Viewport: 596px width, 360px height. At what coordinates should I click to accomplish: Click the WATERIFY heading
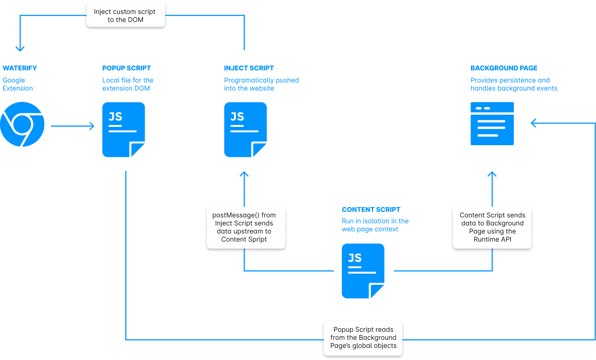20,68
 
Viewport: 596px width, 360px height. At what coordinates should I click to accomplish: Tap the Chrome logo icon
22,124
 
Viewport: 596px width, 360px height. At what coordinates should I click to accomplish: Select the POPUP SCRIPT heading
127,68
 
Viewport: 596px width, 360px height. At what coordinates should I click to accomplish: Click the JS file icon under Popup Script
124,129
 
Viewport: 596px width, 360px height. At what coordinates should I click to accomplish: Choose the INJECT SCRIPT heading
249,68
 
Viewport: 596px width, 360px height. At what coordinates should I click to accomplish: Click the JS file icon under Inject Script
245,129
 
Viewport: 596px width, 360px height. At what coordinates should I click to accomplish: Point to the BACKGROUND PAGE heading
504,68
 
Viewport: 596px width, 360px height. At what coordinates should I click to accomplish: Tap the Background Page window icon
492,124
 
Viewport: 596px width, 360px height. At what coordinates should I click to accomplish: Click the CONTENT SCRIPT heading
371,210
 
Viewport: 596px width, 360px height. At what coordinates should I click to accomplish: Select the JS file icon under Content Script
363,271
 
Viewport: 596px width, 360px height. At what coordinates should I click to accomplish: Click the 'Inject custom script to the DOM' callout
125,15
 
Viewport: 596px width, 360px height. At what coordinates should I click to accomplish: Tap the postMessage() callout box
246,228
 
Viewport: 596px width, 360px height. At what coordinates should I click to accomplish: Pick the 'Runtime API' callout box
492,228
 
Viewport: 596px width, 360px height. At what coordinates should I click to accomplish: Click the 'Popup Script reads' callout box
363,338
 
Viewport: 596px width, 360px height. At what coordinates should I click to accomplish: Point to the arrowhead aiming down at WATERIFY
20,49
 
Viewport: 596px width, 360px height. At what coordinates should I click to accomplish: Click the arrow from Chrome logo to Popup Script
72,126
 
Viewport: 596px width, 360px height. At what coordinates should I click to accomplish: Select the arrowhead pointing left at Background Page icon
533,123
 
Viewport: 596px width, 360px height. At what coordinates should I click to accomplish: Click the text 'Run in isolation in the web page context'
375,225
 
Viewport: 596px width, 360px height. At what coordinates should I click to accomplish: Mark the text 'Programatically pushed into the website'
261,84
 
